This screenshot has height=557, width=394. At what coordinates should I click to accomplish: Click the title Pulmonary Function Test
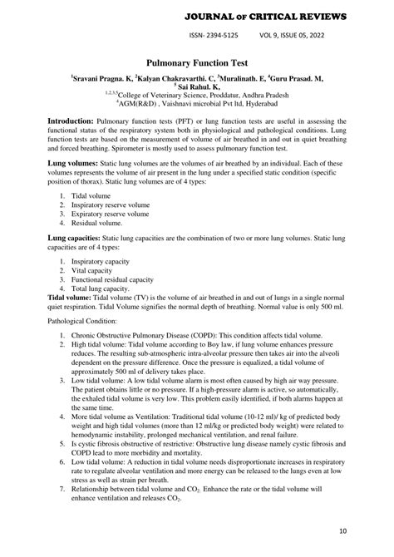[x=196, y=62]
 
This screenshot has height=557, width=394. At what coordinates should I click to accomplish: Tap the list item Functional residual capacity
[x=112, y=280]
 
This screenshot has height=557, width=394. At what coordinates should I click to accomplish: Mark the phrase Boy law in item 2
[x=209, y=347]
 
